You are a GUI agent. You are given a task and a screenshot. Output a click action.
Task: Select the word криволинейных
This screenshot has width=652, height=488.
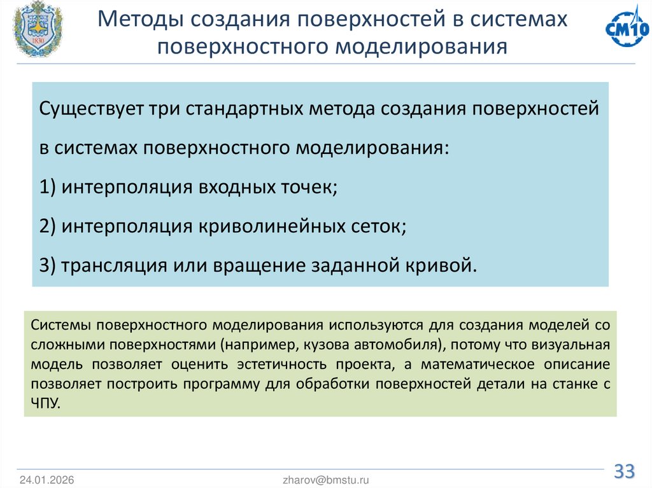point(270,226)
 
